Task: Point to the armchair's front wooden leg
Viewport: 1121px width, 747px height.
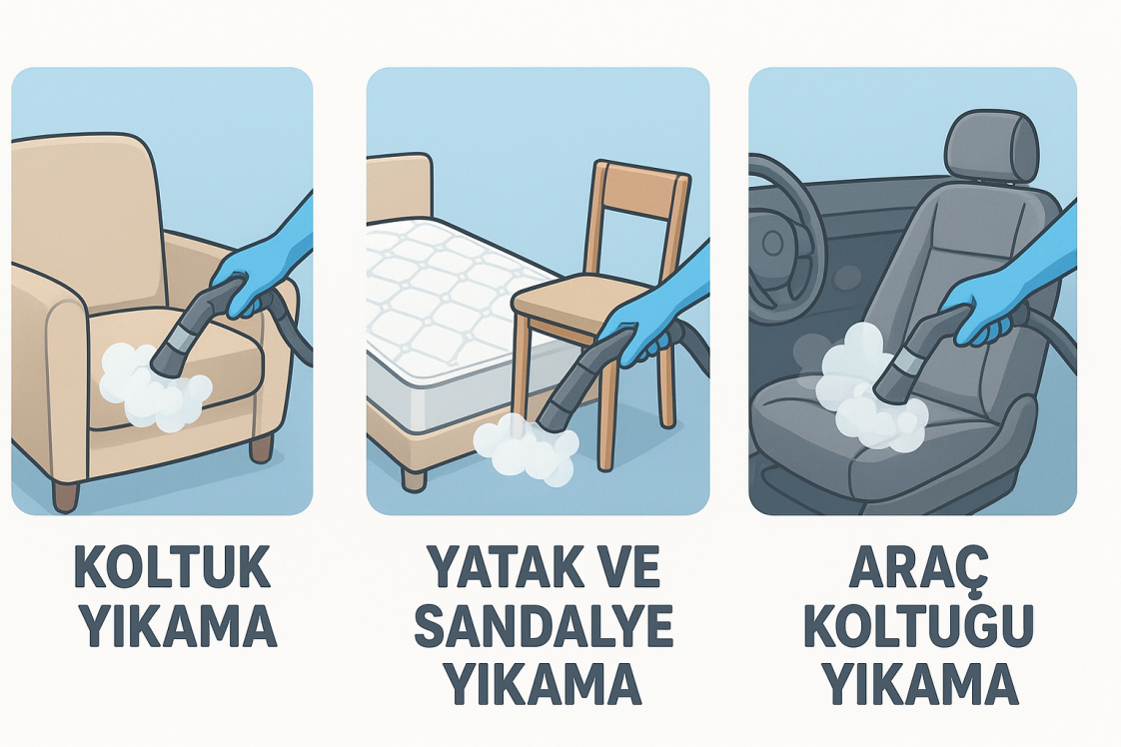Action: click(x=65, y=494)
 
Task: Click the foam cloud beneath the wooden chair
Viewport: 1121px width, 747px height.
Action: click(x=526, y=449)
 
